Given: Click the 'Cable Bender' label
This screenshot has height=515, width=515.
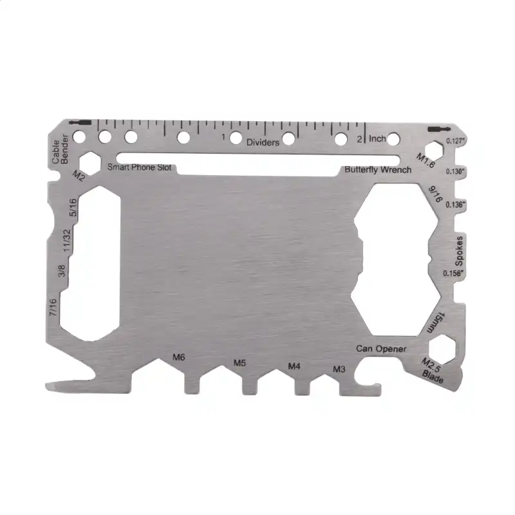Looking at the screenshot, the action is click(x=60, y=149).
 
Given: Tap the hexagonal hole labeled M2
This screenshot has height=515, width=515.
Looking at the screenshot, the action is click(x=89, y=164).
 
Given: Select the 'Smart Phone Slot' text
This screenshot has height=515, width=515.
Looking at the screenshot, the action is click(x=139, y=167).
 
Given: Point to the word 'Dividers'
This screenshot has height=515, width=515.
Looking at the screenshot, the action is click(x=263, y=142).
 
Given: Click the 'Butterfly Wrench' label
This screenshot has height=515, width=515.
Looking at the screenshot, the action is click(x=378, y=170).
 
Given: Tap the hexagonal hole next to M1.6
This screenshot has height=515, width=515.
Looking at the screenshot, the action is click(x=434, y=151).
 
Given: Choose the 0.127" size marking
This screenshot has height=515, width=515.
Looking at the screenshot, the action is click(x=456, y=141).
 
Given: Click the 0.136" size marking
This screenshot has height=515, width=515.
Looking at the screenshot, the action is click(x=456, y=205).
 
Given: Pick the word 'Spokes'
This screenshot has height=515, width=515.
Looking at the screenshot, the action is click(x=459, y=251).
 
